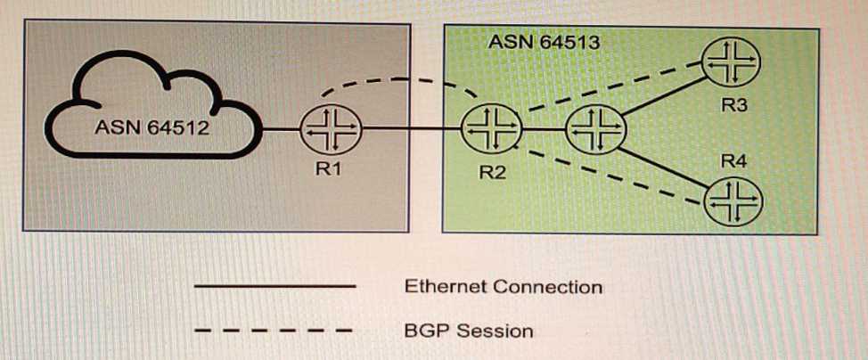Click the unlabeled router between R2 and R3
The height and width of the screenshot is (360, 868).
pyautogui.click(x=596, y=130)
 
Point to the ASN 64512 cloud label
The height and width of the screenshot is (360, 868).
pyautogui.click(x=151, y=127)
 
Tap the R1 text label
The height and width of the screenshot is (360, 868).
pyautogui.click(x=330, y=170)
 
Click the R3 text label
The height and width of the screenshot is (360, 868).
pyautogui.click(x=733, y=105)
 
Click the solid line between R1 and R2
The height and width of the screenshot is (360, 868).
pyautogui.click(x=410, y=131)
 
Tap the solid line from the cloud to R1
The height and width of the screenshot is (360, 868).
pyautogui.click(x=278, y=131)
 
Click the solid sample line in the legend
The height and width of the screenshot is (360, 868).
pyautogui.click(x=274, y=286)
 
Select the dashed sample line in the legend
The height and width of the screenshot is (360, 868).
pyautogui.click(x=274, y=331)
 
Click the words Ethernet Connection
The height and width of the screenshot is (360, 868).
pyautogui.click(x=503, y=287)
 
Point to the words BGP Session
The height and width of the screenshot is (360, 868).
pyautogui.click(x=468, y=331)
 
